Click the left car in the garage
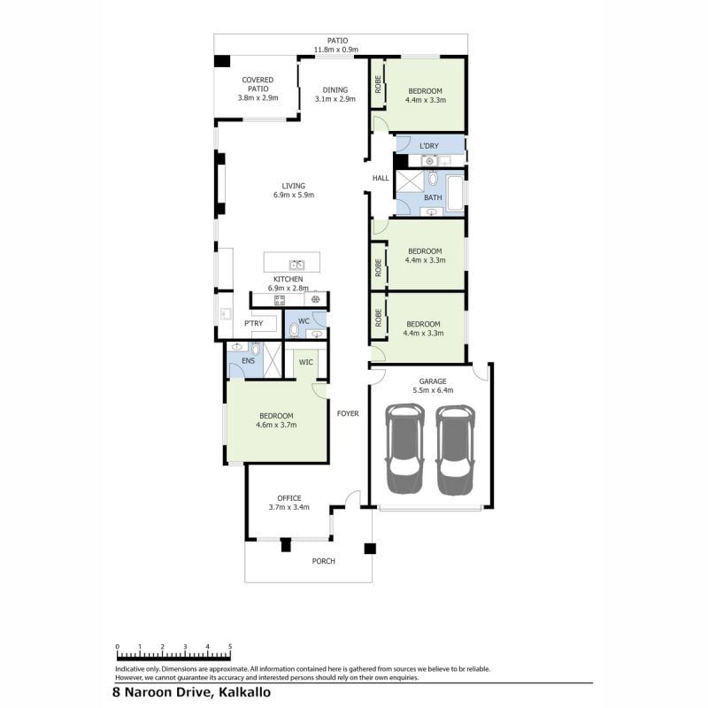click(404, 449)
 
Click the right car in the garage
click(455, 450)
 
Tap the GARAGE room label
click(433, 381)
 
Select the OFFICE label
click(289, 498)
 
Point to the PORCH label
click(323, 561)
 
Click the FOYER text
click(348, 413)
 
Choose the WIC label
click(305, 362)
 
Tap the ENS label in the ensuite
click(249, 361)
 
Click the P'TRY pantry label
click(254, 323)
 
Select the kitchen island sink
click(296, 265)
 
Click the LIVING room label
click(294, 186)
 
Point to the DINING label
click(335, 90)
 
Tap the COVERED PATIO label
click(258, 84)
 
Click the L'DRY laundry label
click(429, 146)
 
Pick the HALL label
click(381, 179)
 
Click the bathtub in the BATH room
click(455, 193)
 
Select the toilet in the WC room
click(295, 330)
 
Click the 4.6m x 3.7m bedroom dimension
click(276, 425)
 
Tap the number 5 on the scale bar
click(230, 647)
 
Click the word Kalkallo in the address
click(245, 692)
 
